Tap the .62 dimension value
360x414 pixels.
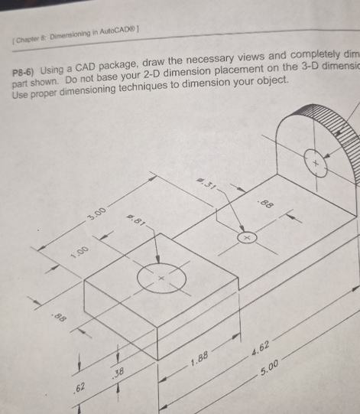click(x=79, y=391)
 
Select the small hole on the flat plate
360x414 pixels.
click(x=247, y=239)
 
